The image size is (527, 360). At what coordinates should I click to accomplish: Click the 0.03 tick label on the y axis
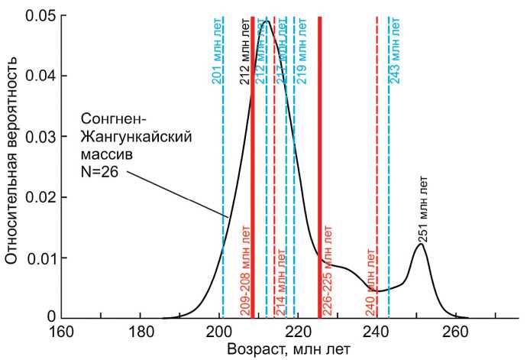coord(39,137)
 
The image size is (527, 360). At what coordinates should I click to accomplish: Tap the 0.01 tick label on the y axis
coord(39,257)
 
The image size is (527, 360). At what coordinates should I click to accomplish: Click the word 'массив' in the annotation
coord(105,152)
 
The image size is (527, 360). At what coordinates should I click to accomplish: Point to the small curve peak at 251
coord(421,245)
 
